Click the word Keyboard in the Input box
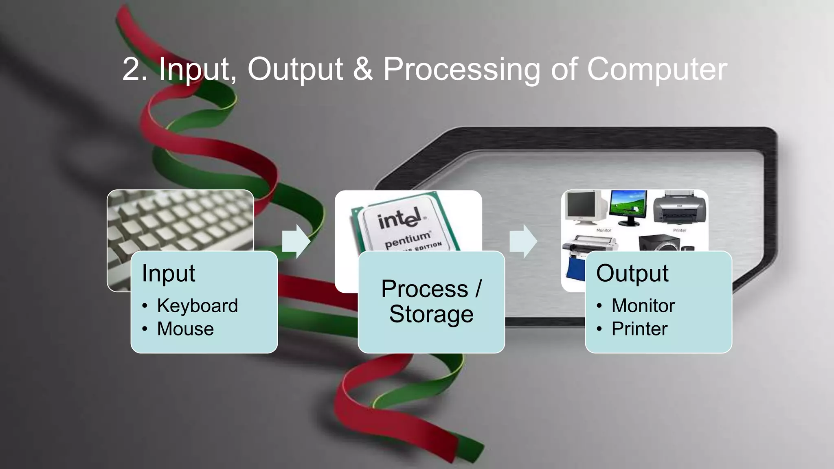tap(197, 306)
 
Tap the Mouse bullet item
tap(185, 329)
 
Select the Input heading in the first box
tap(168, 273)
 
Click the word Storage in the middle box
tap(431, 314)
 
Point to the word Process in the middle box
tap(424, 289)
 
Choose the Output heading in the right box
tap(632, 273)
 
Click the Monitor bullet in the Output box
tap(643, 306)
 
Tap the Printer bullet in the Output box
tap(639, 329)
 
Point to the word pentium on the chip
tap(407, 239)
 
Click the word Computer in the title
tap(657, 69)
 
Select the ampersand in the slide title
tap(362, 69)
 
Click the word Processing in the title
tap(461, 69)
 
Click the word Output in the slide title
tap(295, 69)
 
